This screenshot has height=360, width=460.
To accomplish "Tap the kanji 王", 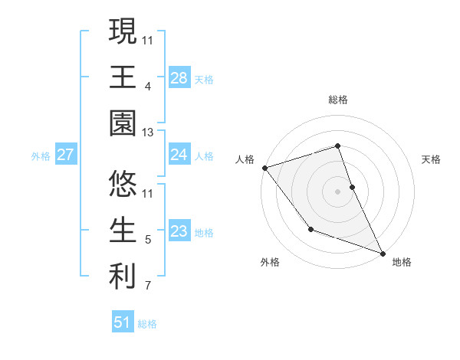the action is [x=123, y=77].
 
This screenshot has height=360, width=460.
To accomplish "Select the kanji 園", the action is [x=123, y=124].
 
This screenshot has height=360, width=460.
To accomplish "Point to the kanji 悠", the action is [x=123, y=182].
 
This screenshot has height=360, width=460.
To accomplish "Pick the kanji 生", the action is [x=123, y=228].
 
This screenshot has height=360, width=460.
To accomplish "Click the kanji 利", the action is [x=123, y=275].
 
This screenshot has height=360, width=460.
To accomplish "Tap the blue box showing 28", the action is [x=179, y=77].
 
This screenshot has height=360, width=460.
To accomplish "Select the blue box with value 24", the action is [x=179, y=155].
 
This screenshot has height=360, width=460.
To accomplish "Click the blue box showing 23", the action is [x=179, y=231].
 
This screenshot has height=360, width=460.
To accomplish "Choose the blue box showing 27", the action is [x=65, y=155].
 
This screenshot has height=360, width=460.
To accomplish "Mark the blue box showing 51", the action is [x=123, y=322].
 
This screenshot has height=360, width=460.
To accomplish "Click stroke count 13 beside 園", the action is [x=148, y=133].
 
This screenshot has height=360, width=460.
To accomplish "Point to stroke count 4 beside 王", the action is [x=147, y=86].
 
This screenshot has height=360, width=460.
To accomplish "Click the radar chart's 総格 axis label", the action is [x=337, y=100].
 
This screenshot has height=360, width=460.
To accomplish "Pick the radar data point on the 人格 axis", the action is [x=264, y=167].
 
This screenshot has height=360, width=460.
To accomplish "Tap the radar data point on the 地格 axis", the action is [x=382, y=253].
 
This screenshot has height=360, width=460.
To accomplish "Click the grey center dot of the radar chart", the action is [x=337, y=191].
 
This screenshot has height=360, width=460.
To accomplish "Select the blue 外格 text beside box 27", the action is [x=41, y=156].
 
